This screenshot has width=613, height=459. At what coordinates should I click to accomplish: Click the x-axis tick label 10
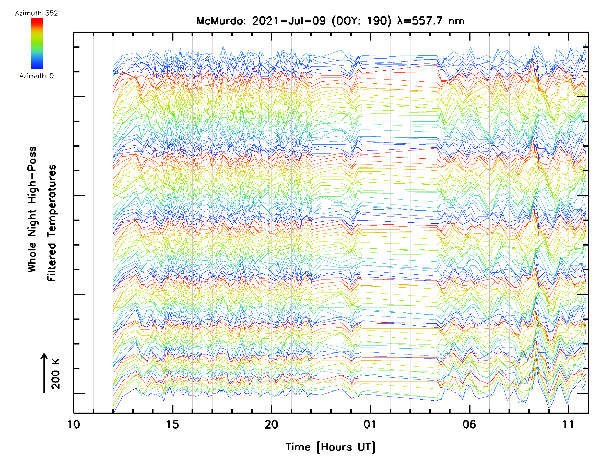pyautogui.click(x=74, y=424)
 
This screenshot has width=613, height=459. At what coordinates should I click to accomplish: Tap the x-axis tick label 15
pyautogui.click(x=172, y=424)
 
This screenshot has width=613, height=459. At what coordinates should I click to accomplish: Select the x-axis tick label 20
pyautogui.click(x=271, y=424)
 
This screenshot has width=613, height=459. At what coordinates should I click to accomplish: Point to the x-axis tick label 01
pyautogui.click(x=370, y=424)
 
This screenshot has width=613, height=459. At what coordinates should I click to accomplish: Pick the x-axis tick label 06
pyautogui.click(x=469, y=424)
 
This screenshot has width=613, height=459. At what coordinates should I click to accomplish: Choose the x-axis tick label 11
pyautogui.click(x=568, y=424)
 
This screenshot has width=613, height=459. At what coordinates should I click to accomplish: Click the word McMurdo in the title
pyautogui.click(x=221, y=21)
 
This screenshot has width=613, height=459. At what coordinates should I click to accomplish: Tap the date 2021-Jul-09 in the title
pyautogui.click(x=289, y=21)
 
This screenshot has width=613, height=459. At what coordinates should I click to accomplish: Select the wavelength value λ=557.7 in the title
pyautogui.click(x=420, y=21)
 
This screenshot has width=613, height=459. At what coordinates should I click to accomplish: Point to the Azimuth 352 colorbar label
pyautogui.click(x=36, y=13)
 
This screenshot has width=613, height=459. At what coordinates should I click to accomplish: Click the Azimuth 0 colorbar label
pyautogui.click(x=36, y=76)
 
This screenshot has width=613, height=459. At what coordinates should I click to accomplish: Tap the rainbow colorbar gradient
pyautogui.click(x=37, y=43)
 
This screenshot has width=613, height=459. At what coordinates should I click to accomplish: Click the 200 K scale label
pyautogui.click(x=56, y=374)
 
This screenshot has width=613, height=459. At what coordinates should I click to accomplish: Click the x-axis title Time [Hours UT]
pyautogui.click(x=330, y=447)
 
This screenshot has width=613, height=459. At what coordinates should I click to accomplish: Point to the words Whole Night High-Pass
pyautogui.click(x=32, y=209)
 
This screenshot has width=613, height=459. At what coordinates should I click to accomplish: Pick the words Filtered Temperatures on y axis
pyautogui.click(x=52, y=223)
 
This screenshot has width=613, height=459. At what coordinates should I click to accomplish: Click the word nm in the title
pyautogui.click(x=456, y=21)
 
